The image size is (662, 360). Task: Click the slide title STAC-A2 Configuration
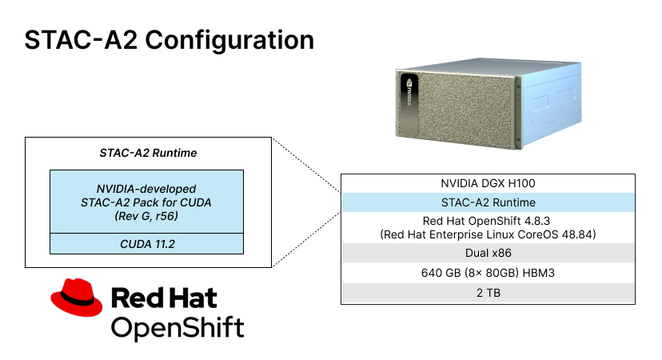point(169,41)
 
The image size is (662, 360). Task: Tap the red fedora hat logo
point(77,297)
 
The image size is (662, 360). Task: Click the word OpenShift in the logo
point(177,328)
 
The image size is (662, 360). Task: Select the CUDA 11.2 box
point(146,244)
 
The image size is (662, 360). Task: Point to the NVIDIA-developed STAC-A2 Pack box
point(146,202)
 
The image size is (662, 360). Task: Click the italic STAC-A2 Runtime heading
point(148,153)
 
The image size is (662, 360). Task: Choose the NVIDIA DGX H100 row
point(488,183)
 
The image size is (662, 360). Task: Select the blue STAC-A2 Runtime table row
point(488,202)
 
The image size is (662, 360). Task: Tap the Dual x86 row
point(488,253)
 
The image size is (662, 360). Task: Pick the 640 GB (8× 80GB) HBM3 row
point(488,273)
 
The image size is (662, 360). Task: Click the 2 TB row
point(488,293)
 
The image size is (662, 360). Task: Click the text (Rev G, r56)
point(146,216)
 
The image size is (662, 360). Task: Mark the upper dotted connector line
point(306,166)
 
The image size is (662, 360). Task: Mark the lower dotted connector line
point(306,239)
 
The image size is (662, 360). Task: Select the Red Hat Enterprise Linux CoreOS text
point(488,234)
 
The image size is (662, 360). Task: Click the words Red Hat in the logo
point(164,298)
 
